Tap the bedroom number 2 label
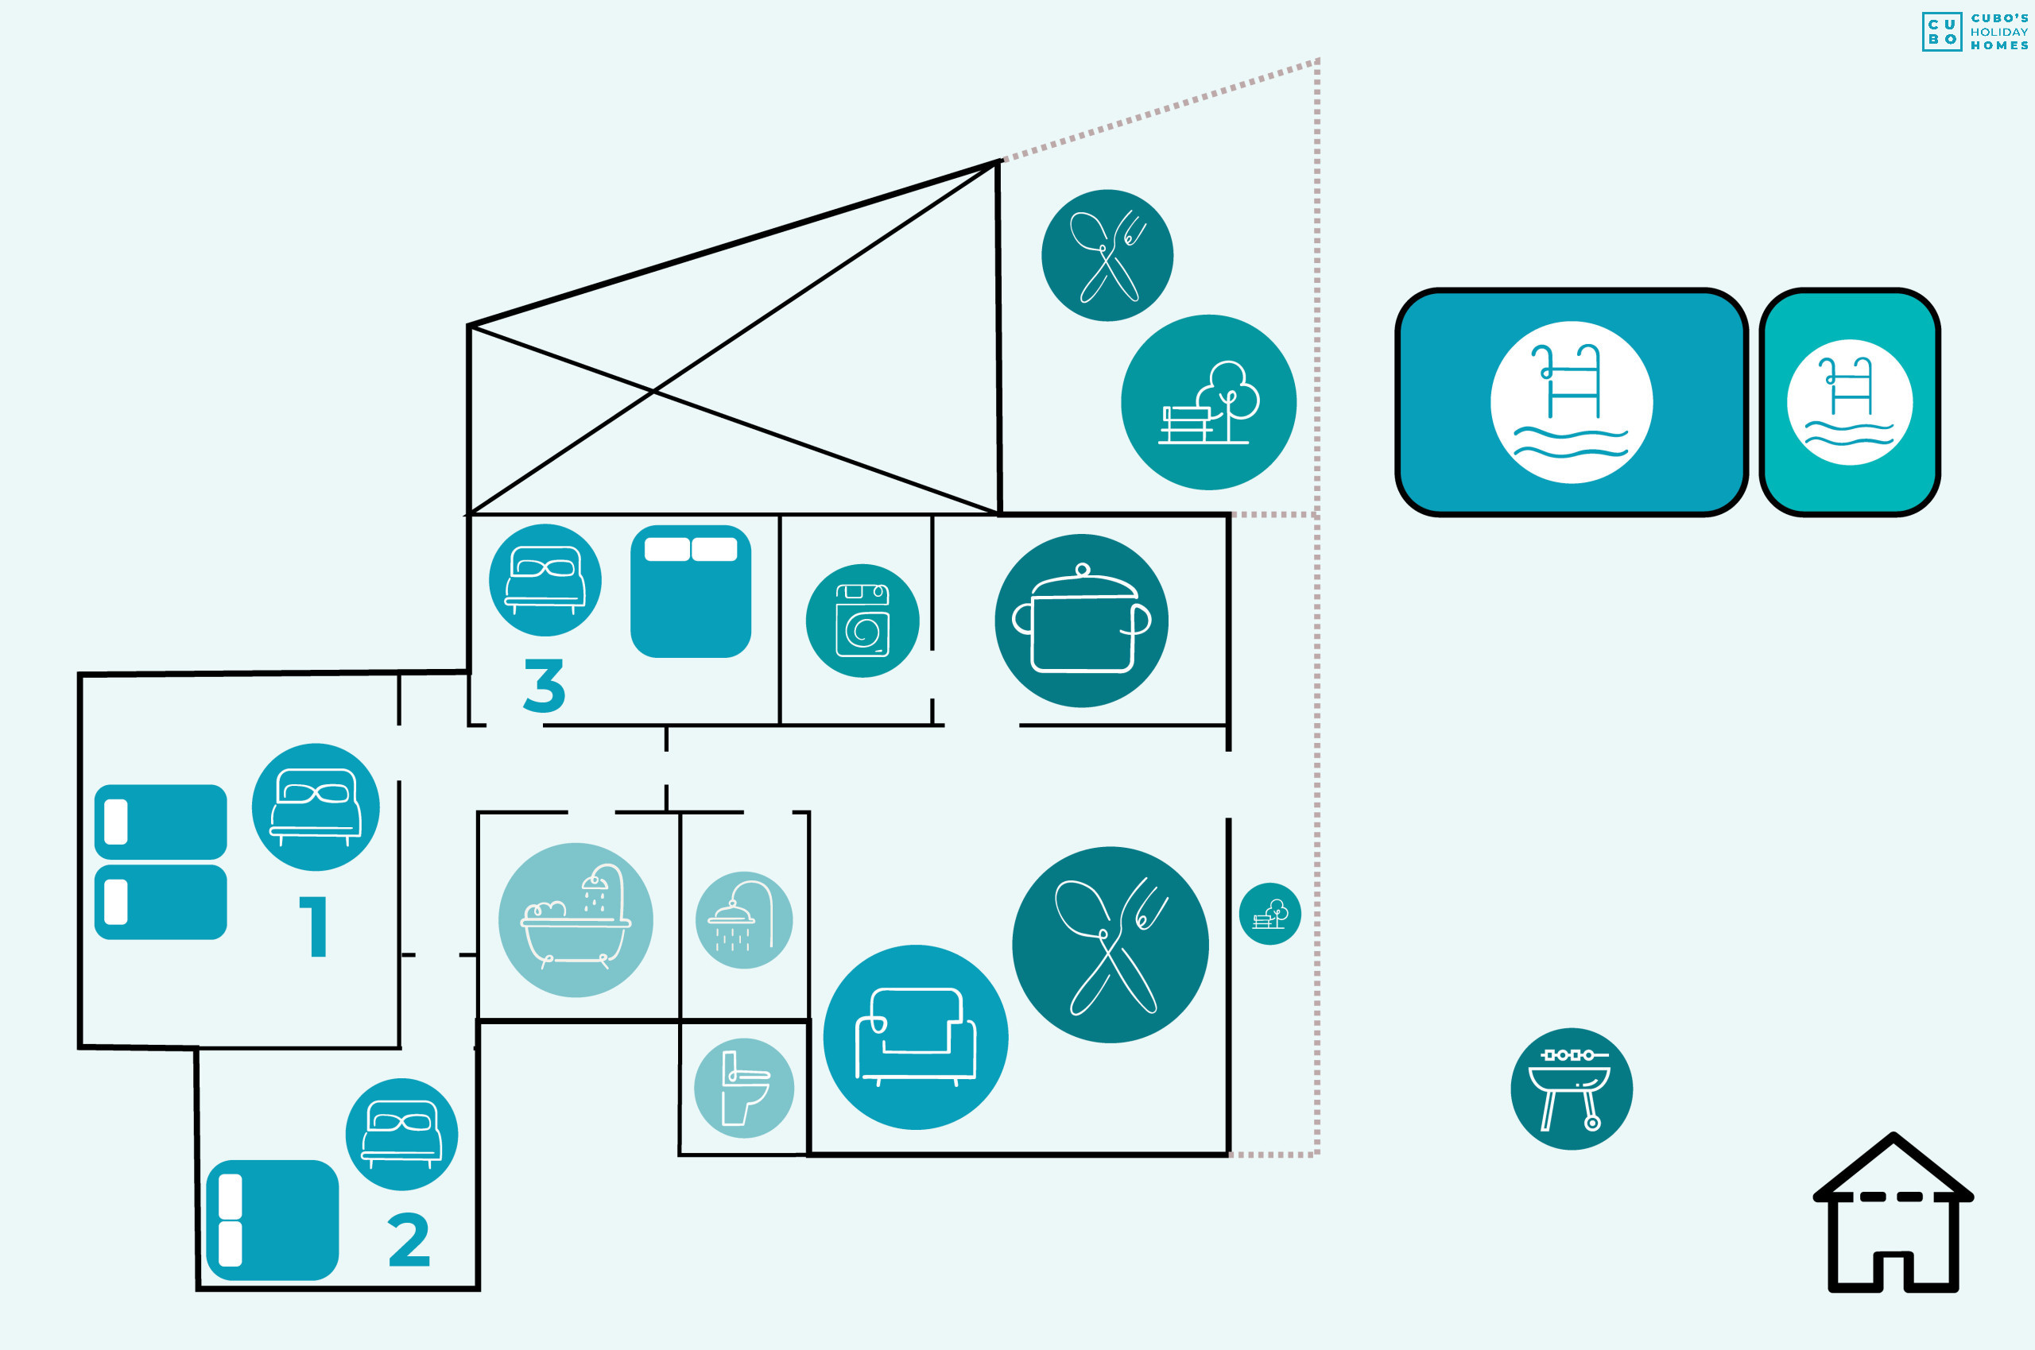click(409, 1240)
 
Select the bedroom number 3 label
click(545, 686)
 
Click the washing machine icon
click(862, 621)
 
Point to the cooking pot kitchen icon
click(1082, 621)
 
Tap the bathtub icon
click(576, 920)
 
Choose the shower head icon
click(744, 920)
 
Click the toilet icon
click(744, 1089)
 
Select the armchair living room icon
click(916, 1038)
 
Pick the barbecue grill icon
click(1572, 1089)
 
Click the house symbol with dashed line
click(1894, 1213)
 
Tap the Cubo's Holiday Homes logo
click(1975, 32)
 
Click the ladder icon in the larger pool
click(1572, 402)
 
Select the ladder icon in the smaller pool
click(1850, 402)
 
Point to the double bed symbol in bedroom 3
click(691, 591)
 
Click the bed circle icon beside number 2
click(401, 1135)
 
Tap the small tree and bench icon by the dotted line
click(1269, 915)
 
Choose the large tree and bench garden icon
click(1208, 402)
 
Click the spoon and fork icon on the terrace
click(1107, 256)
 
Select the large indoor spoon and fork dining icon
click(1110, 945)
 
